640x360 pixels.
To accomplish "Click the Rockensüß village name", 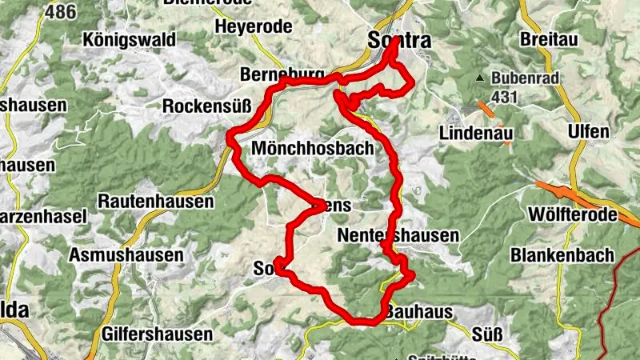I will pyautogui.click(x=207, y=106).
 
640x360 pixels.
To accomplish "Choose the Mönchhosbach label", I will pyautogui.click(x=312, y=148).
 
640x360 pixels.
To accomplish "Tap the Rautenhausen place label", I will pyautogui.click(x=156, y=202).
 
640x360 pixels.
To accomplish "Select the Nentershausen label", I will pyautogui.click(x=398, y=236).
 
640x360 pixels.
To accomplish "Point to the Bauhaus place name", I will pyautogui.click(x=419, y=312).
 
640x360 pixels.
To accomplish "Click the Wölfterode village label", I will pyautogui.click(x=573, y=215).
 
